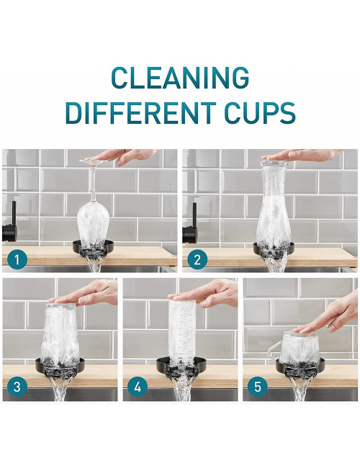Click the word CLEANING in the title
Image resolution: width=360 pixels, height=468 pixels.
[179, 77]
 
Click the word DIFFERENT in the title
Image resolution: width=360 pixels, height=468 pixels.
[138, 113]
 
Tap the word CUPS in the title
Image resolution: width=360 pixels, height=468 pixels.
[256, 113]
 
